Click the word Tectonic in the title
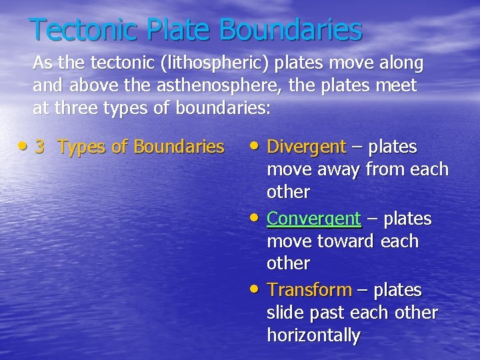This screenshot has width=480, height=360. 83,29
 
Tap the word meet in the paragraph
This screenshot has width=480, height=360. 395,85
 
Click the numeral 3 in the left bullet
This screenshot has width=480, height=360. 39,147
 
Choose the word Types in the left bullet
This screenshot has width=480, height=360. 82,147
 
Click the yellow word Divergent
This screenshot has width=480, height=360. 306,147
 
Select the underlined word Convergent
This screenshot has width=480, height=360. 313,219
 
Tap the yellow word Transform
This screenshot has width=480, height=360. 309,290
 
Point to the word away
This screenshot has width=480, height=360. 338,169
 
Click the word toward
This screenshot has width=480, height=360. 347,241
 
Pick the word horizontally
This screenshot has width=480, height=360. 313,335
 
